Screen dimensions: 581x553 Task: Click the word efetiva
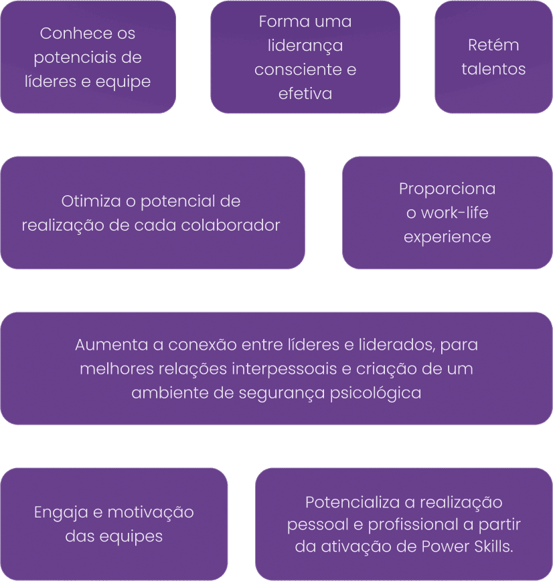[305, 94]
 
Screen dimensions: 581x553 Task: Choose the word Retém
[493, 45]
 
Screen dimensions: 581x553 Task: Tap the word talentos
[493, 70]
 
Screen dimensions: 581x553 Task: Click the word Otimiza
[88, 201]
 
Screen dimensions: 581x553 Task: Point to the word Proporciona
[447, 189]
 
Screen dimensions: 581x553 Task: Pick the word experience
[447, 237]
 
